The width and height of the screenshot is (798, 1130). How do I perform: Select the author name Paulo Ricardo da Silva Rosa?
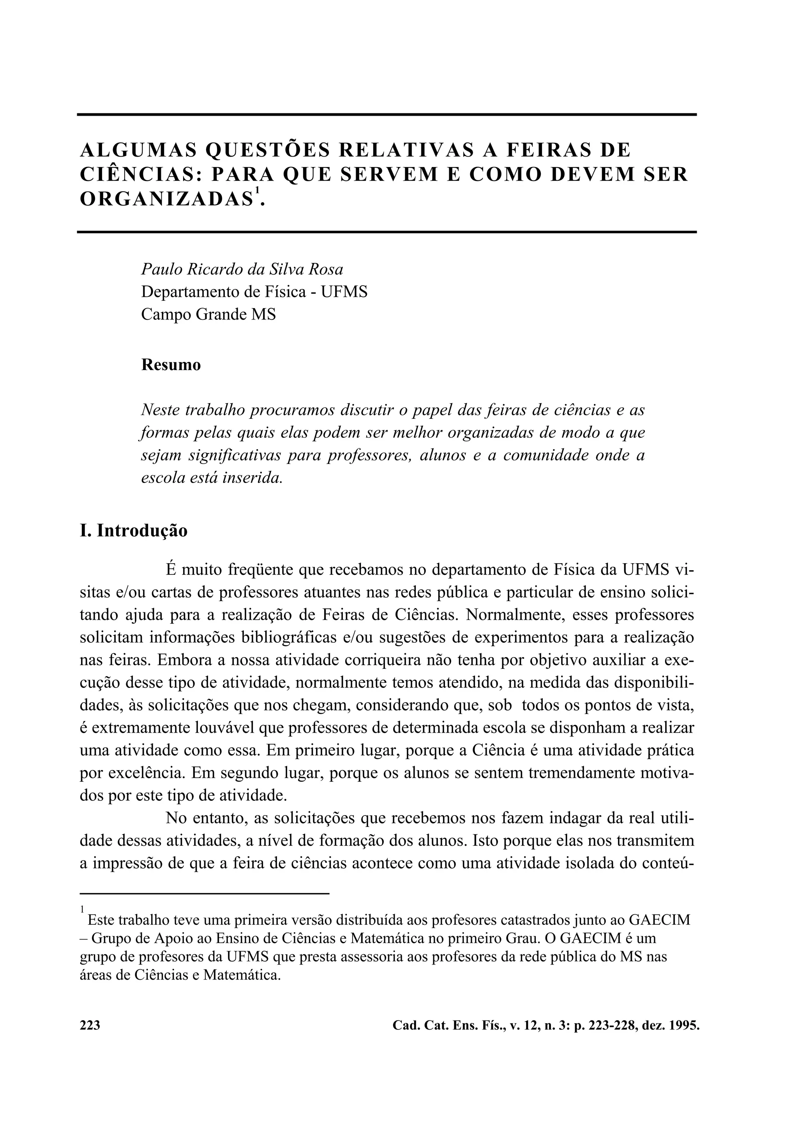pyautogui.click(x=242, y=269)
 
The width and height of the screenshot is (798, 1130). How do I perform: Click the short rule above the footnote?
pyautogui.click(x=204, y=893)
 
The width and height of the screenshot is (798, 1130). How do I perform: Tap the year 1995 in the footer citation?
pyautogui.click(x=685, y=1025)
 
